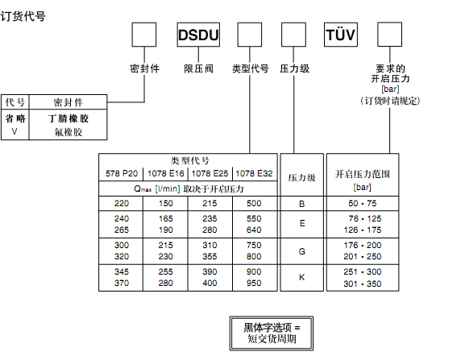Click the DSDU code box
pos(198,35)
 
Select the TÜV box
pos(341,35)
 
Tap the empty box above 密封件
pos(144,35)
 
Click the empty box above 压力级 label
pos(293,35)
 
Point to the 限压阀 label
pos(198,68)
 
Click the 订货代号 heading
pos(23,16)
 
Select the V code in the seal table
pos(15,131)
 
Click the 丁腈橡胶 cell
pos(69,118)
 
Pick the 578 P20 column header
pos(122,173)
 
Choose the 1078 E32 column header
pos(254,173)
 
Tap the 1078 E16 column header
pos(166,173)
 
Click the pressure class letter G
pos(302,251)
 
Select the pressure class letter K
pos(302,277)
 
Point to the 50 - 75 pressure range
pos(363,203)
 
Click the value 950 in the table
pos(254,283)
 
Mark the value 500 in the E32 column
pos(254,203)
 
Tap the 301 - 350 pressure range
pos(363,283)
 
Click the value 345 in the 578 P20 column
pos(122,271)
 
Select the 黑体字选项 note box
pos(272,333)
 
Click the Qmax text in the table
pos(143,188)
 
